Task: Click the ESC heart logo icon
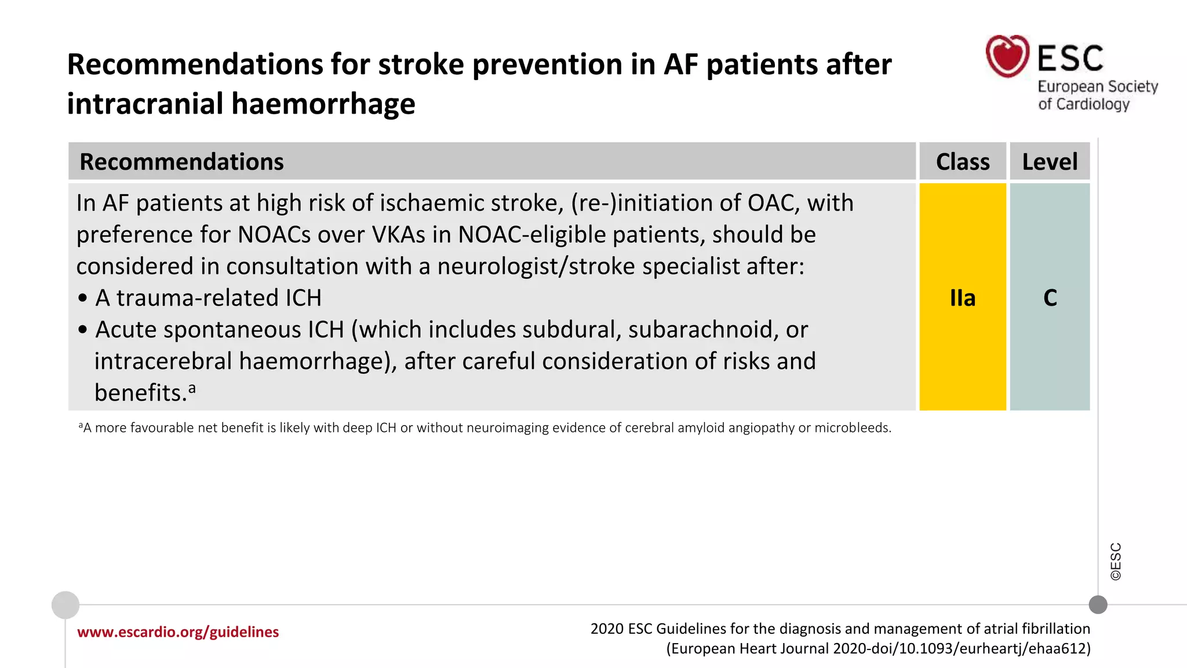tap(1007, 56)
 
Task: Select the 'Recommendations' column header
tap(181, 162)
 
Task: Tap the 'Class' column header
tap(963, 162)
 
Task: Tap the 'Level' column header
tap(1050, 162)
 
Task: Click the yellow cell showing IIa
tap(963, 297)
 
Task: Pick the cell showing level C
tap(1050, 297)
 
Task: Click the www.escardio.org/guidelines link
tap(178, 632)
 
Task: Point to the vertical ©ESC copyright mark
tap(1116, 561)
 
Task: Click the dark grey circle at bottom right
tap(1098, 605)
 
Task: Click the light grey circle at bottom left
tap(65, 605)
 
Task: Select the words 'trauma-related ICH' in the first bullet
tap(219, 298)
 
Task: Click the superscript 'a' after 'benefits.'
tap(192, 388)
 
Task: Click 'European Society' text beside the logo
tap(1097, 86)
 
